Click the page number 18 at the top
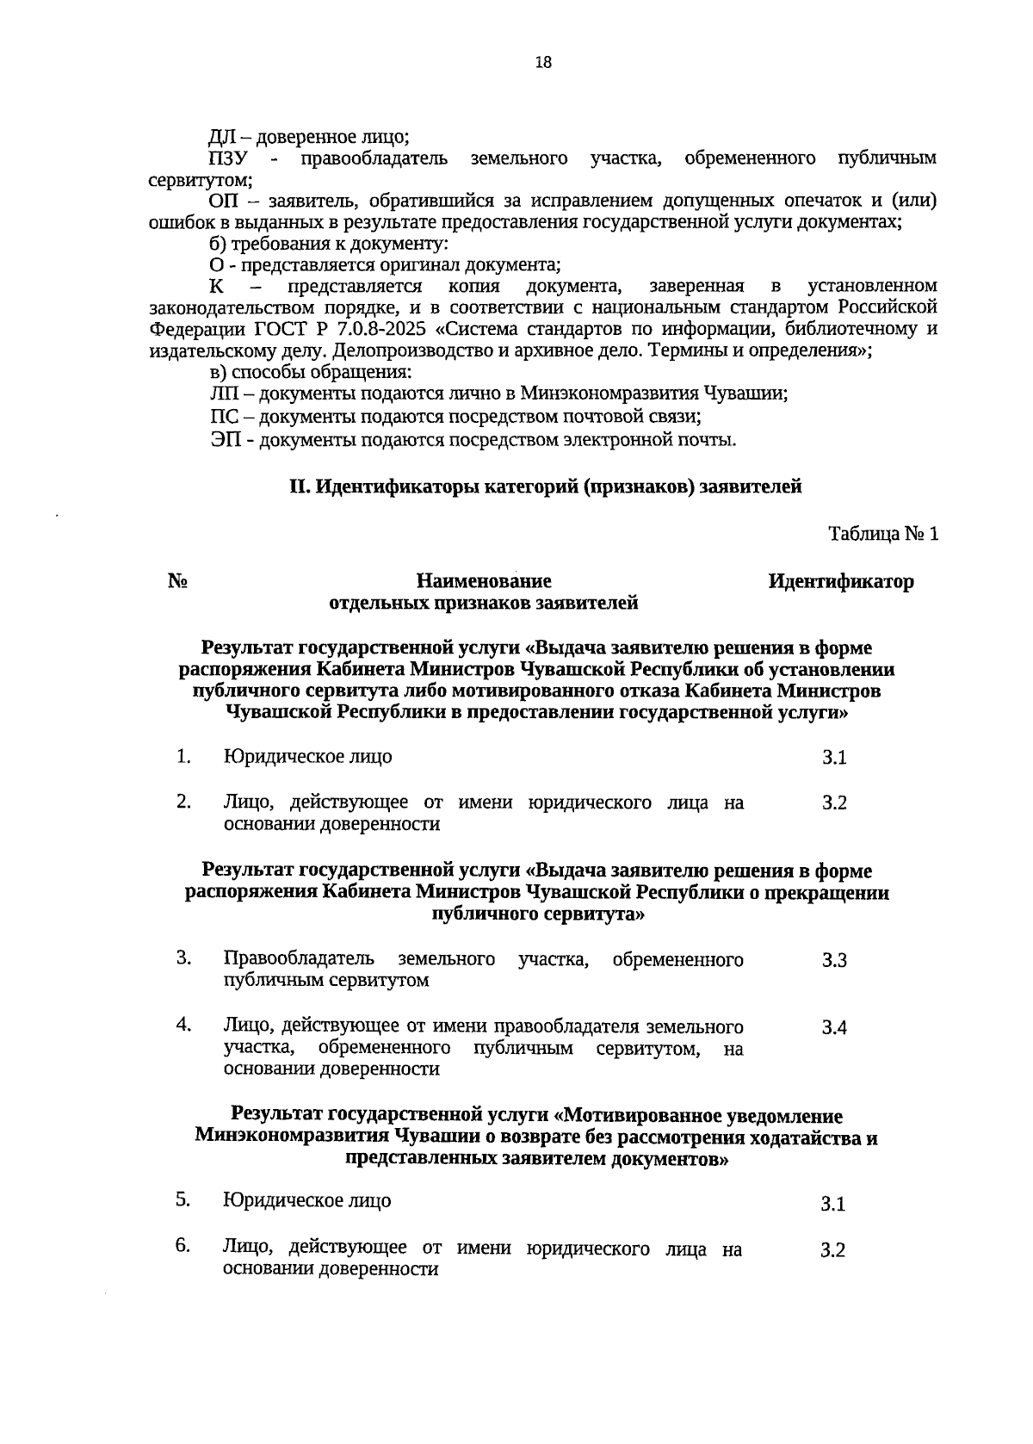pyautogui.click(x=542, y=62)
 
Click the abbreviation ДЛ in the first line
pyautogui.click(x=222, y=137)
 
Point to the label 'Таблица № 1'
pyautogui.click(x=883, y=534)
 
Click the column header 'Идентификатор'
pyautogui.click(x=841, y=582)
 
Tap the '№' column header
pyautogui.click(x=178, y=582)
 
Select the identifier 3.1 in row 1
pyautogui.click(x=834, y=758)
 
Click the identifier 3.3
pyautogui.click(x=834, y=961)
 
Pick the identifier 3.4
pyautogui.click(x=834, y=1028)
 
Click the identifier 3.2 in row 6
pyautogui.click(x=832, y=1250)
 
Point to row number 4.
pyautogui.click(x=183, y=1025)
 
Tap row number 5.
pyautogui.click(x=182, y=1199)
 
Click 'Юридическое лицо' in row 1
pyautogui.click(x=307, y=757)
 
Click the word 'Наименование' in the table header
pyautogui.click(x=484, y=582)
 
